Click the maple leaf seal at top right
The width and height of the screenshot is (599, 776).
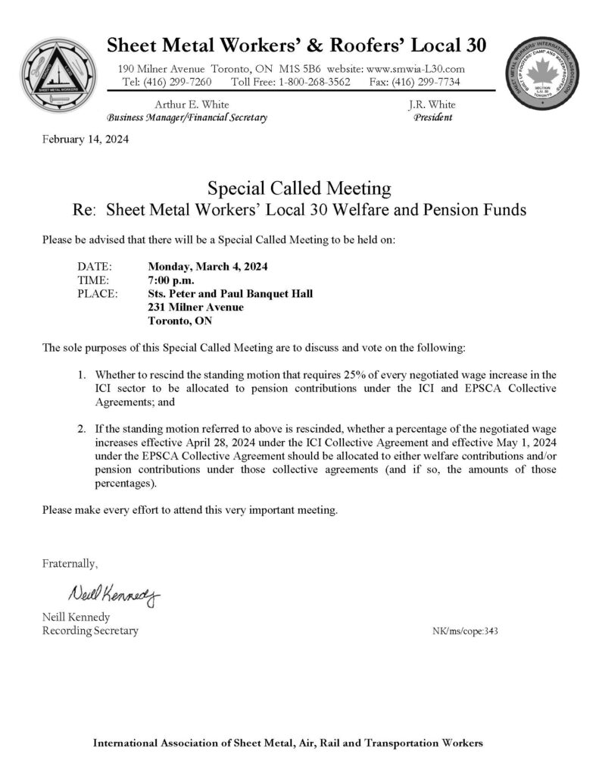tap(541, 72)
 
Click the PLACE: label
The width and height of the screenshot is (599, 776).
tap(98, 294)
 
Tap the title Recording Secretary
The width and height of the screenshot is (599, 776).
tap(90, 630)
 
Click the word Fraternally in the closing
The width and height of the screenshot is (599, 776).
tap(70, 563)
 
